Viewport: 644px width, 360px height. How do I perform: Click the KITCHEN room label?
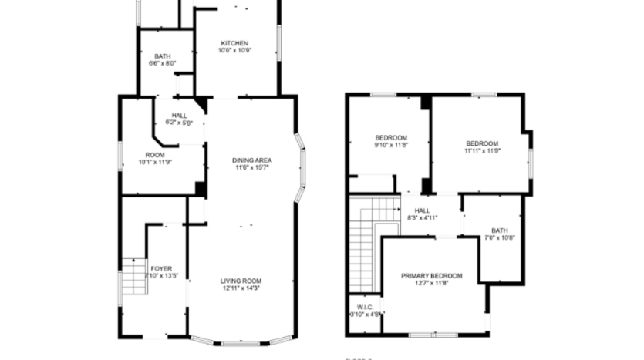pos(234,42)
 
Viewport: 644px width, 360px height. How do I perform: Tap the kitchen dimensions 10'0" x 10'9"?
pos(234,51)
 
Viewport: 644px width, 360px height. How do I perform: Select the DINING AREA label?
pos(252,160)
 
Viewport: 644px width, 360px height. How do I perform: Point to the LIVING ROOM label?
pos(242,281)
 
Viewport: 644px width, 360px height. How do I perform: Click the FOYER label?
pos(162,268)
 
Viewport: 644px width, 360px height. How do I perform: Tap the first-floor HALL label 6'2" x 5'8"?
pos(179,115)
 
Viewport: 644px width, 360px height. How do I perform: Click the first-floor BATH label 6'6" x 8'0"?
pos(162,56)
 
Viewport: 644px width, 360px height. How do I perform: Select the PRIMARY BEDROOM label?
pos(431,275)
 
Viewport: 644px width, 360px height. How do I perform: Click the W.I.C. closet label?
pos(365,306)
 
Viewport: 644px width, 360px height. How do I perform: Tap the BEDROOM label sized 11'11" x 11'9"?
pos(482,143)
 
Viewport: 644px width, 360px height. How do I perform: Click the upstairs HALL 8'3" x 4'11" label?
pos(423,210)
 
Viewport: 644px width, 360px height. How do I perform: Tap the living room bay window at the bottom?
pos(242,340)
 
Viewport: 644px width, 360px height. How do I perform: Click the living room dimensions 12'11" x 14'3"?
pos(242,289)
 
